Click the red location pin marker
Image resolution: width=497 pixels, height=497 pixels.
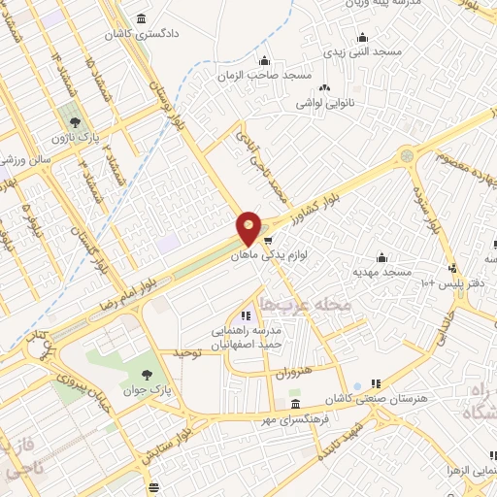pos(249,229)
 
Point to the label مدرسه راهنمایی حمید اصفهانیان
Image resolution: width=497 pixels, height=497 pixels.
pos(245,337)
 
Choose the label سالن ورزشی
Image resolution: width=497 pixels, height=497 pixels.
pos(24,157)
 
